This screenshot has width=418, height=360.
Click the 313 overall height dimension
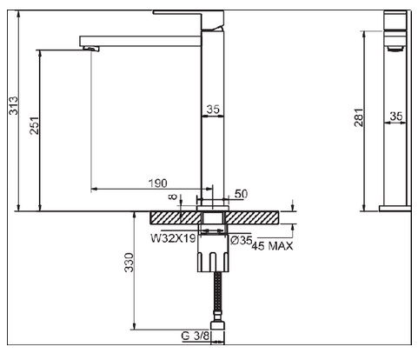pos(13,106)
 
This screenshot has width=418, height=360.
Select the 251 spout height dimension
pos(34,125)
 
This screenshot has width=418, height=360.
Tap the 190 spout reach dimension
pos(158,183)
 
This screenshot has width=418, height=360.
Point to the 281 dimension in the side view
pos(358,117)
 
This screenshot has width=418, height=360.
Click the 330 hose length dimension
pos(129,263)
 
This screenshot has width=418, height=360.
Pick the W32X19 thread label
pos(173,238)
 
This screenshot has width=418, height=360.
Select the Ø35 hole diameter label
pos(241,240)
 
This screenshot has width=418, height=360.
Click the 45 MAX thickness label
pos(272,246)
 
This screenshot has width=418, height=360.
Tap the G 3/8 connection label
pos(195,336)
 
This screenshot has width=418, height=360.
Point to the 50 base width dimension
pos(241,194)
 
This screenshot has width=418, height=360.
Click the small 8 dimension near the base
pos(173,197)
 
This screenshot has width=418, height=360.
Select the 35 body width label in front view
pos(213,110)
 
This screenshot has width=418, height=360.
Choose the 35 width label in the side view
pos(396,117)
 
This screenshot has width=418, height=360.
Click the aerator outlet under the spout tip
pos(91,48)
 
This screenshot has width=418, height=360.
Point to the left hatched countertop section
pos(176,217)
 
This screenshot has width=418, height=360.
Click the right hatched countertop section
pos(252,217)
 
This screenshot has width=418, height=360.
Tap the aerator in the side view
pos(395,49)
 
